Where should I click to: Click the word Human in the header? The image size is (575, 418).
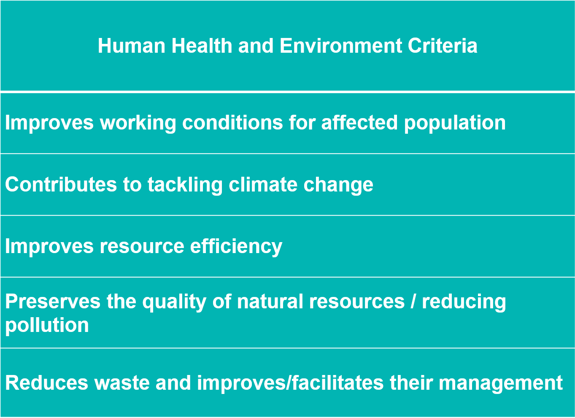pyautogui.click(x=132, y=46)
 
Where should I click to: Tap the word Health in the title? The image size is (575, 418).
pyautogui.click(x=202, y=46)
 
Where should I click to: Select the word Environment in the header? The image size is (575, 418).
pyautogui.click(x=341, y=46)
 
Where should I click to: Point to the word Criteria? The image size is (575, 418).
pyautogui.click(x=443, y=46)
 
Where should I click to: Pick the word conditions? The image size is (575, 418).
pyautogui.click(x=232, y=122)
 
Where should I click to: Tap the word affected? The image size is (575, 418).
pyautogui.click(x=359, y=122)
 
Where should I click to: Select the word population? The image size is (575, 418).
pyautogui.click(x=455, y=124)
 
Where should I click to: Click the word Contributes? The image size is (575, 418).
pyautogui.click(x=61, y=184)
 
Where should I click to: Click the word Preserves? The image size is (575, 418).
pyautogui.click(x=53, y=301)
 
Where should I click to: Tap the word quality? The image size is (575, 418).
pyautogui.click(x=175, y=302)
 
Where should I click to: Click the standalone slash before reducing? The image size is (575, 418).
pyautogui.click(x=413, y=301)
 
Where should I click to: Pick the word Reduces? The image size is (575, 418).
pyautogui.click(x=47, y=383)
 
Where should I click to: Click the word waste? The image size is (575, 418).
pyautogui.click(x=122, y=383)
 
